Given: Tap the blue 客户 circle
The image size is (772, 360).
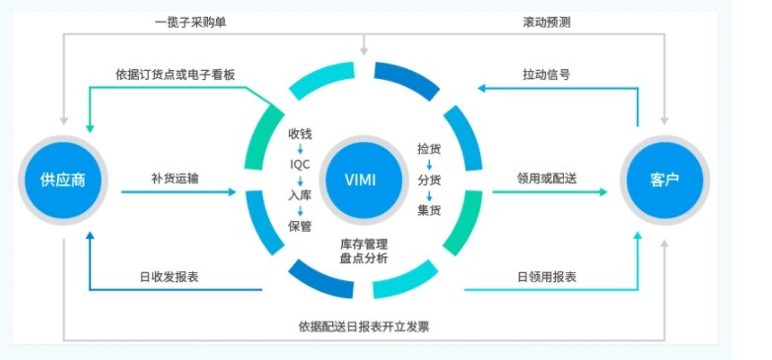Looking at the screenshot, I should pos(663,181).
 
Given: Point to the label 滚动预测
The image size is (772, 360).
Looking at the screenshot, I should pos(546,22).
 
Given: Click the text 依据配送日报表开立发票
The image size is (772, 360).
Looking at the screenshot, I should pos(364,325).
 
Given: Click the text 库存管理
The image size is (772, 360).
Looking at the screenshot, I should pos(364,243).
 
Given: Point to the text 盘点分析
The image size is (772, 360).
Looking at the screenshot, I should pos(364,258).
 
